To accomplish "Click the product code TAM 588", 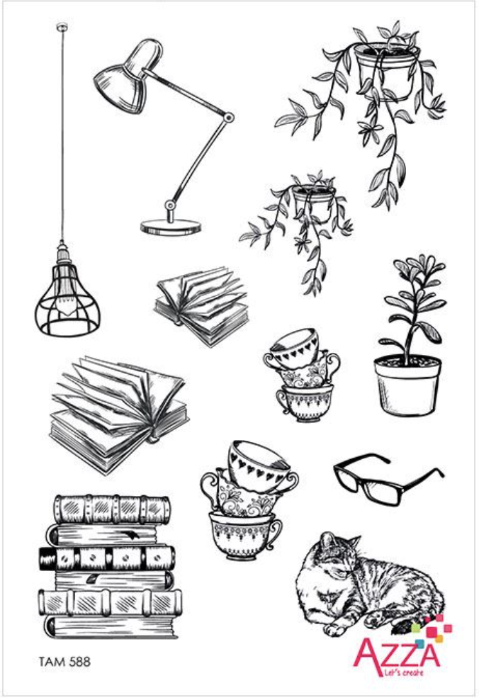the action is tap(64, 661).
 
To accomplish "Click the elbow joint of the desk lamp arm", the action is tap(229, 118).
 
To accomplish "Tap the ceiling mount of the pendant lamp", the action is tap(62, 28).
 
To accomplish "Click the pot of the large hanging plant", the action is tap(387, 71).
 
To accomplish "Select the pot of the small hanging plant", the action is tap(315, 200).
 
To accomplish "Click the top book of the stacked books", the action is tap(112, 509).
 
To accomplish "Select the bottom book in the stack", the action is tap(112, 627).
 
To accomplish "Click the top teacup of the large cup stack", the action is tap(261, 465).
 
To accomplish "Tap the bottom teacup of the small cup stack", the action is tap(305, 401).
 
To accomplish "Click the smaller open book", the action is tap(201, 304).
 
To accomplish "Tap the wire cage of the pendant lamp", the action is tap(67, 300).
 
